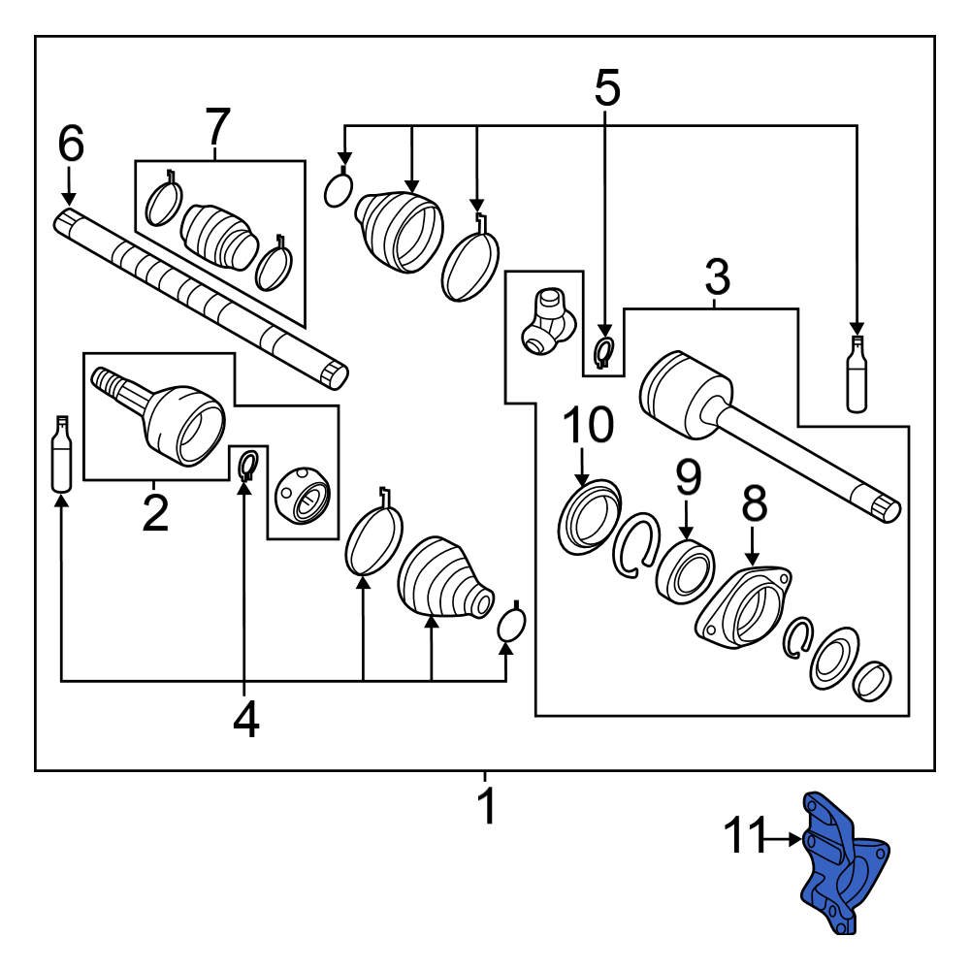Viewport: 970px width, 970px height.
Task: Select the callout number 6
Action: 71,145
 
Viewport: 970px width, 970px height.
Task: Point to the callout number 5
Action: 606,88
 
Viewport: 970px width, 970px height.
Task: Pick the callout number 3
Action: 716,278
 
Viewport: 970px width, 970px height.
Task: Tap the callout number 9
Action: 687,476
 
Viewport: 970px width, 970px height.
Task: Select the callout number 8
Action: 754,503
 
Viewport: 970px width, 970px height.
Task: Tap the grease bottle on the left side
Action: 62,454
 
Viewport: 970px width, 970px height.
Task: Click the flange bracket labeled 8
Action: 745,608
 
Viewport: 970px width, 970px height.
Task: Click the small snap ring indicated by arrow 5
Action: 603,351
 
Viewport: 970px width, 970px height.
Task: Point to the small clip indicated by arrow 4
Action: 246,465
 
